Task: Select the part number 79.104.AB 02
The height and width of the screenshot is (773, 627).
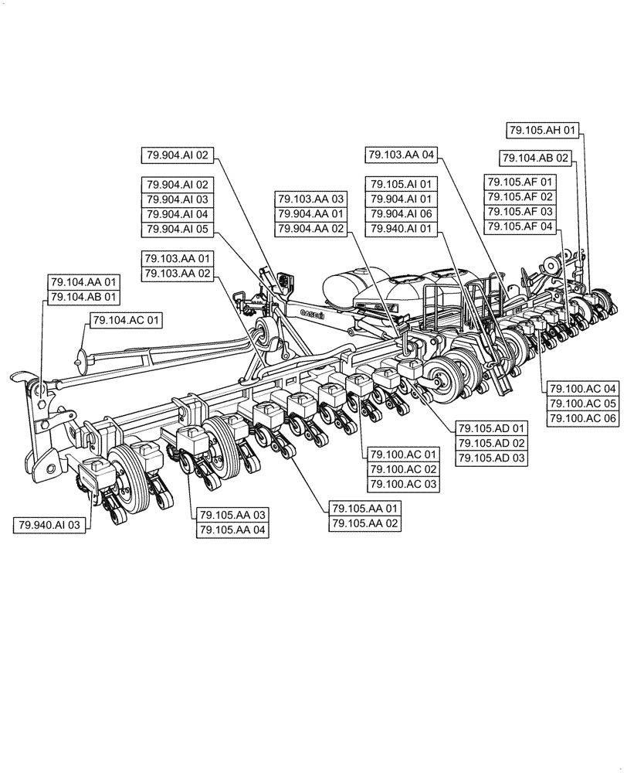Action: coord(535,158)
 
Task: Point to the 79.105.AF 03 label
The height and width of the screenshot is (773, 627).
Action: coord(520,211)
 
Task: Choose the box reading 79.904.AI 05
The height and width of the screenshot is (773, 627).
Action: coord(176,229)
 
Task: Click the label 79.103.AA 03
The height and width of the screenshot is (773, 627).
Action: coord(311,199)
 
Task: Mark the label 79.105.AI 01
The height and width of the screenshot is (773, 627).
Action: coord(402,184)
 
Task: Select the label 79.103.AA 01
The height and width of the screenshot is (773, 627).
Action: coord(176,258)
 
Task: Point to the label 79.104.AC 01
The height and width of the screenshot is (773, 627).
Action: coord(127,319)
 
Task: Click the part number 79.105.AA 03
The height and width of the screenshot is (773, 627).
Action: coord(232,515)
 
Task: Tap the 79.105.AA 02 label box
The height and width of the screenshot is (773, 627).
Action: coord(366,523)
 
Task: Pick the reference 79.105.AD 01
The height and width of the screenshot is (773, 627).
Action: coord(491,428)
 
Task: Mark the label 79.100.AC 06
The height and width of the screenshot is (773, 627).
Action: coord(583,417)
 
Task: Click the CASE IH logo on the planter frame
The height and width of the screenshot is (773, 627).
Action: coord(312,312)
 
